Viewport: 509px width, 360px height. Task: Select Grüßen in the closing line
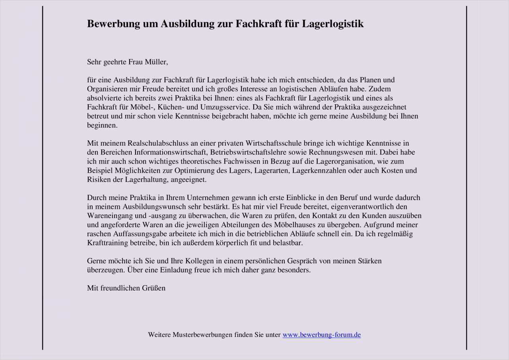[153, 288]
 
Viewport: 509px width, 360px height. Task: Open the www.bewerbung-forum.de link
[322, 335]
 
